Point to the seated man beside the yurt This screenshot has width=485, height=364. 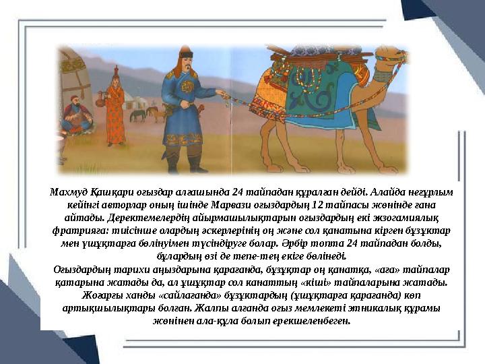coord(76,115)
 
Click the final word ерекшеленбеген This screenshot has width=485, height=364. coord(319,320)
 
